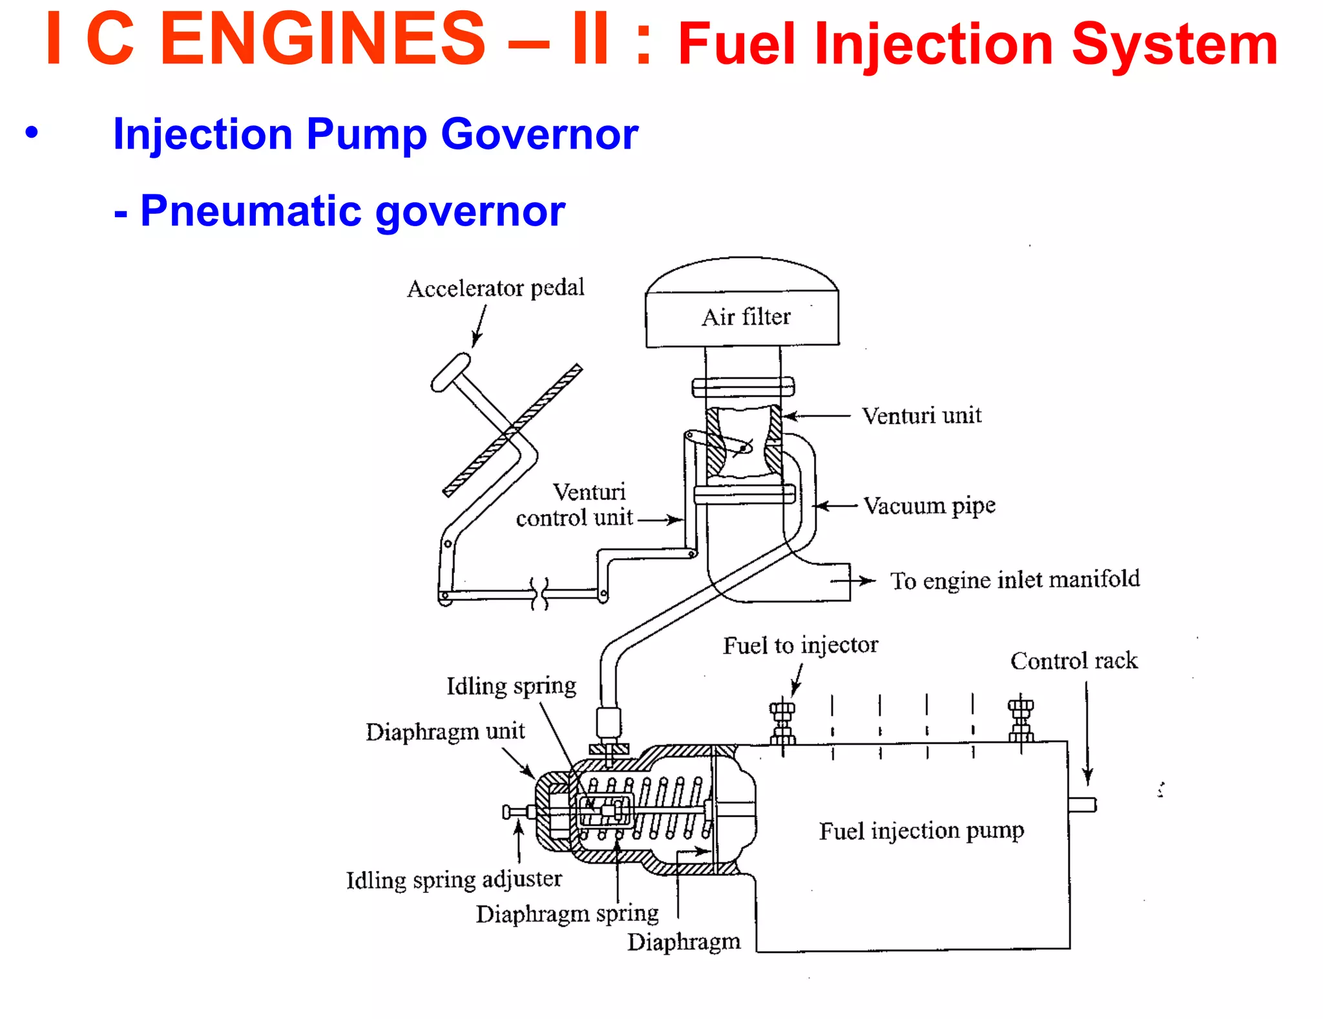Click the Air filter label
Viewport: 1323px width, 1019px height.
coord(745,317)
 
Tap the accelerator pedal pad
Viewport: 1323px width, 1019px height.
coord(450,372)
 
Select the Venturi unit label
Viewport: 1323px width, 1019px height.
coord(921,415)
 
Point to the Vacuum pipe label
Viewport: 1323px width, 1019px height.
coord(929,506)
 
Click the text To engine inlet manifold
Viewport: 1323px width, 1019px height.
coord(1014,580)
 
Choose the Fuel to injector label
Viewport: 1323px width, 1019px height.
coord(800,646)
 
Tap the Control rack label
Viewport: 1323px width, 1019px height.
coord(1074,661)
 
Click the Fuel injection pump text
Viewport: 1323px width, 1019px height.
coord(921,831)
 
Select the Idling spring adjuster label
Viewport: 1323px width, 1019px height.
coord(453,880)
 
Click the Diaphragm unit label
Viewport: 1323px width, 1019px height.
coord(445,732)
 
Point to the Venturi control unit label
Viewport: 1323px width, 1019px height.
coord(575,505)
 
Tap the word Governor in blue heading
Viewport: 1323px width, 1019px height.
coord(539,134)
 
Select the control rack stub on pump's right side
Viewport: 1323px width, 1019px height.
coord(1082,804)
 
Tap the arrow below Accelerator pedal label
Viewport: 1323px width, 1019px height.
coord(479,326)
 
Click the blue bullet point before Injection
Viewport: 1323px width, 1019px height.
coord(32,132)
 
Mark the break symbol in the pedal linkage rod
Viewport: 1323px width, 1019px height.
coord(539,593)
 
